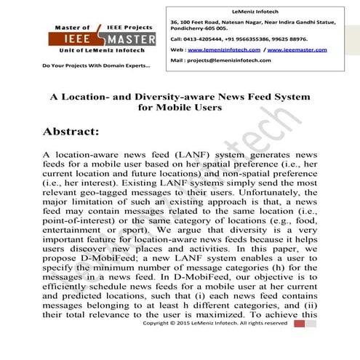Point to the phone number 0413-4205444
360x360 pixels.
click(x=207, y=37)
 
